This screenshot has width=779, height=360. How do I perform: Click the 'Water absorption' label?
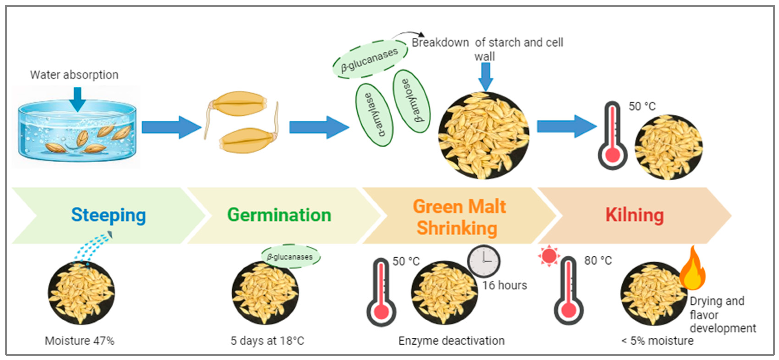[74, 75]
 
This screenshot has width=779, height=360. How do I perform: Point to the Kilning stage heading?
[634, 215]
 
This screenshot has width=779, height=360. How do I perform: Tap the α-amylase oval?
[374, 115]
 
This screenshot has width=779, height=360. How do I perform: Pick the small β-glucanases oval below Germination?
[290, 257]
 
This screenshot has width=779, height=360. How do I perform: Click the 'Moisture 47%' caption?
[79, 341]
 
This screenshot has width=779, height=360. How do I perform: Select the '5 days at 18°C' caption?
[267, 341]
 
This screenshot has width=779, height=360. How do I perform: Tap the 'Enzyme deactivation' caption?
[451, 341]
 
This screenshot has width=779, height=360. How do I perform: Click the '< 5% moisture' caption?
[657, 341]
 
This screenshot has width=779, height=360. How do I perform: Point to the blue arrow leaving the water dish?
[171, 127]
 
